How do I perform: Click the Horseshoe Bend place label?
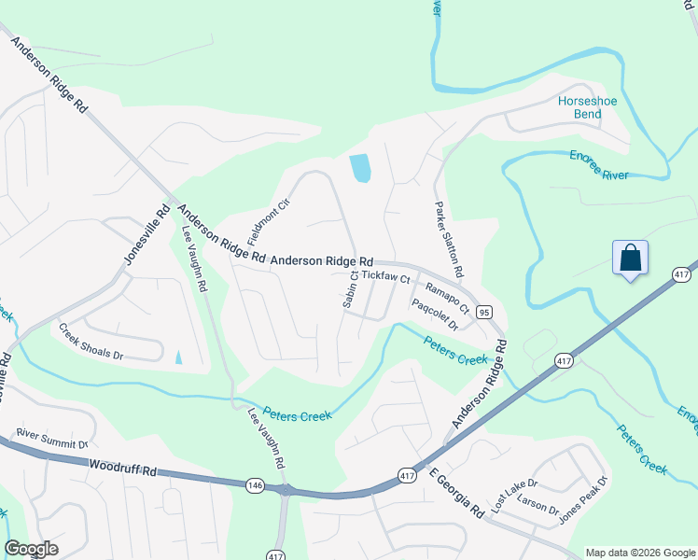click(x=593, y=107)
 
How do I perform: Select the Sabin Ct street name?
click(x=353, y=287)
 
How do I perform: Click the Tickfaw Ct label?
click(x=385, y=277)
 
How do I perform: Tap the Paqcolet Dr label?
click(x=435, y=315)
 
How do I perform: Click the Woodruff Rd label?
click(x=122, y=467)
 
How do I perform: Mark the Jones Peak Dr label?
click(x=582, y=499)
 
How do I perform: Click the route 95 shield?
click(x=483, y=311)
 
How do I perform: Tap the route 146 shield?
click(x=256, y=484)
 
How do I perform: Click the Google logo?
click(x=31, y=549)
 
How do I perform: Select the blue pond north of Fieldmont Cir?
click(x=360, y=168)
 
